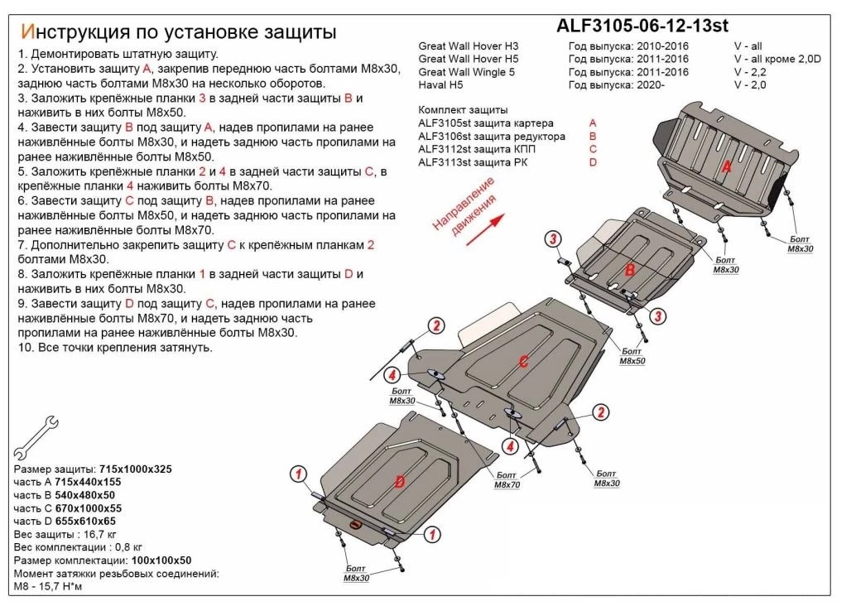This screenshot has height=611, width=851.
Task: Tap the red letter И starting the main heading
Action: coord(26,32)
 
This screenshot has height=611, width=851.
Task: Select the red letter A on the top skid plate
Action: coord(727,168)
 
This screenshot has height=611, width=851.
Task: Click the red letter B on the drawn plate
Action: coord(629,271)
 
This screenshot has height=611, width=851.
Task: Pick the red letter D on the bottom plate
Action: coord(399,482)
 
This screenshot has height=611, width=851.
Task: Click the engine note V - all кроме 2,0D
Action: coord(776,59)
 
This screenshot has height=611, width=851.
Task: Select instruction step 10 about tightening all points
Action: coord(114,347)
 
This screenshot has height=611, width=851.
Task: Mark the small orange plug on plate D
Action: coord(356,525)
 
